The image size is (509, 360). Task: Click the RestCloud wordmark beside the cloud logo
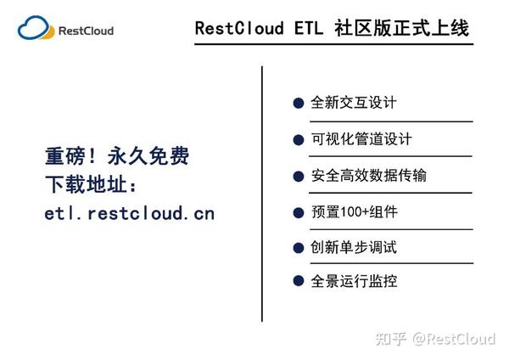[x=86, y=31]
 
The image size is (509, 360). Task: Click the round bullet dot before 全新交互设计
[x=299, y=104]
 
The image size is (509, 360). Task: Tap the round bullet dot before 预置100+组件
[x=299, y=212]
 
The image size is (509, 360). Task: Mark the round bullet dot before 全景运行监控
[x=299, y=281]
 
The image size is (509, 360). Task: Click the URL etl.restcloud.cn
[x=129, y=213]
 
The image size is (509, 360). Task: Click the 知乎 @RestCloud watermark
[x=440, y=339]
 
